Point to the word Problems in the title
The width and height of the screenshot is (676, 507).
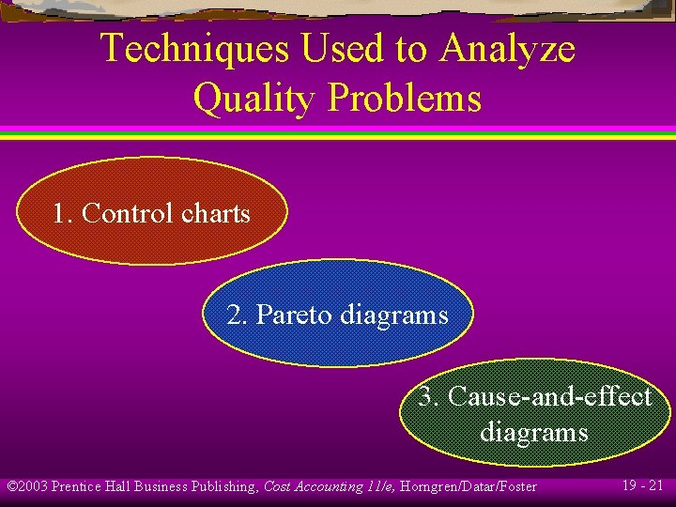click(x=404, y=98)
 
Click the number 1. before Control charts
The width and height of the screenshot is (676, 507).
click(x=63, y=214)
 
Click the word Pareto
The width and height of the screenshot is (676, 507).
click(x=294, y=315)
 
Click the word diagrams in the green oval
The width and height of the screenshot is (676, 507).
click(x=533, y=432)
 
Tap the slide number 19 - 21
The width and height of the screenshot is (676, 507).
click(x=642, y=485)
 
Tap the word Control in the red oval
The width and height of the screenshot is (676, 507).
click(x=128, y=214)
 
